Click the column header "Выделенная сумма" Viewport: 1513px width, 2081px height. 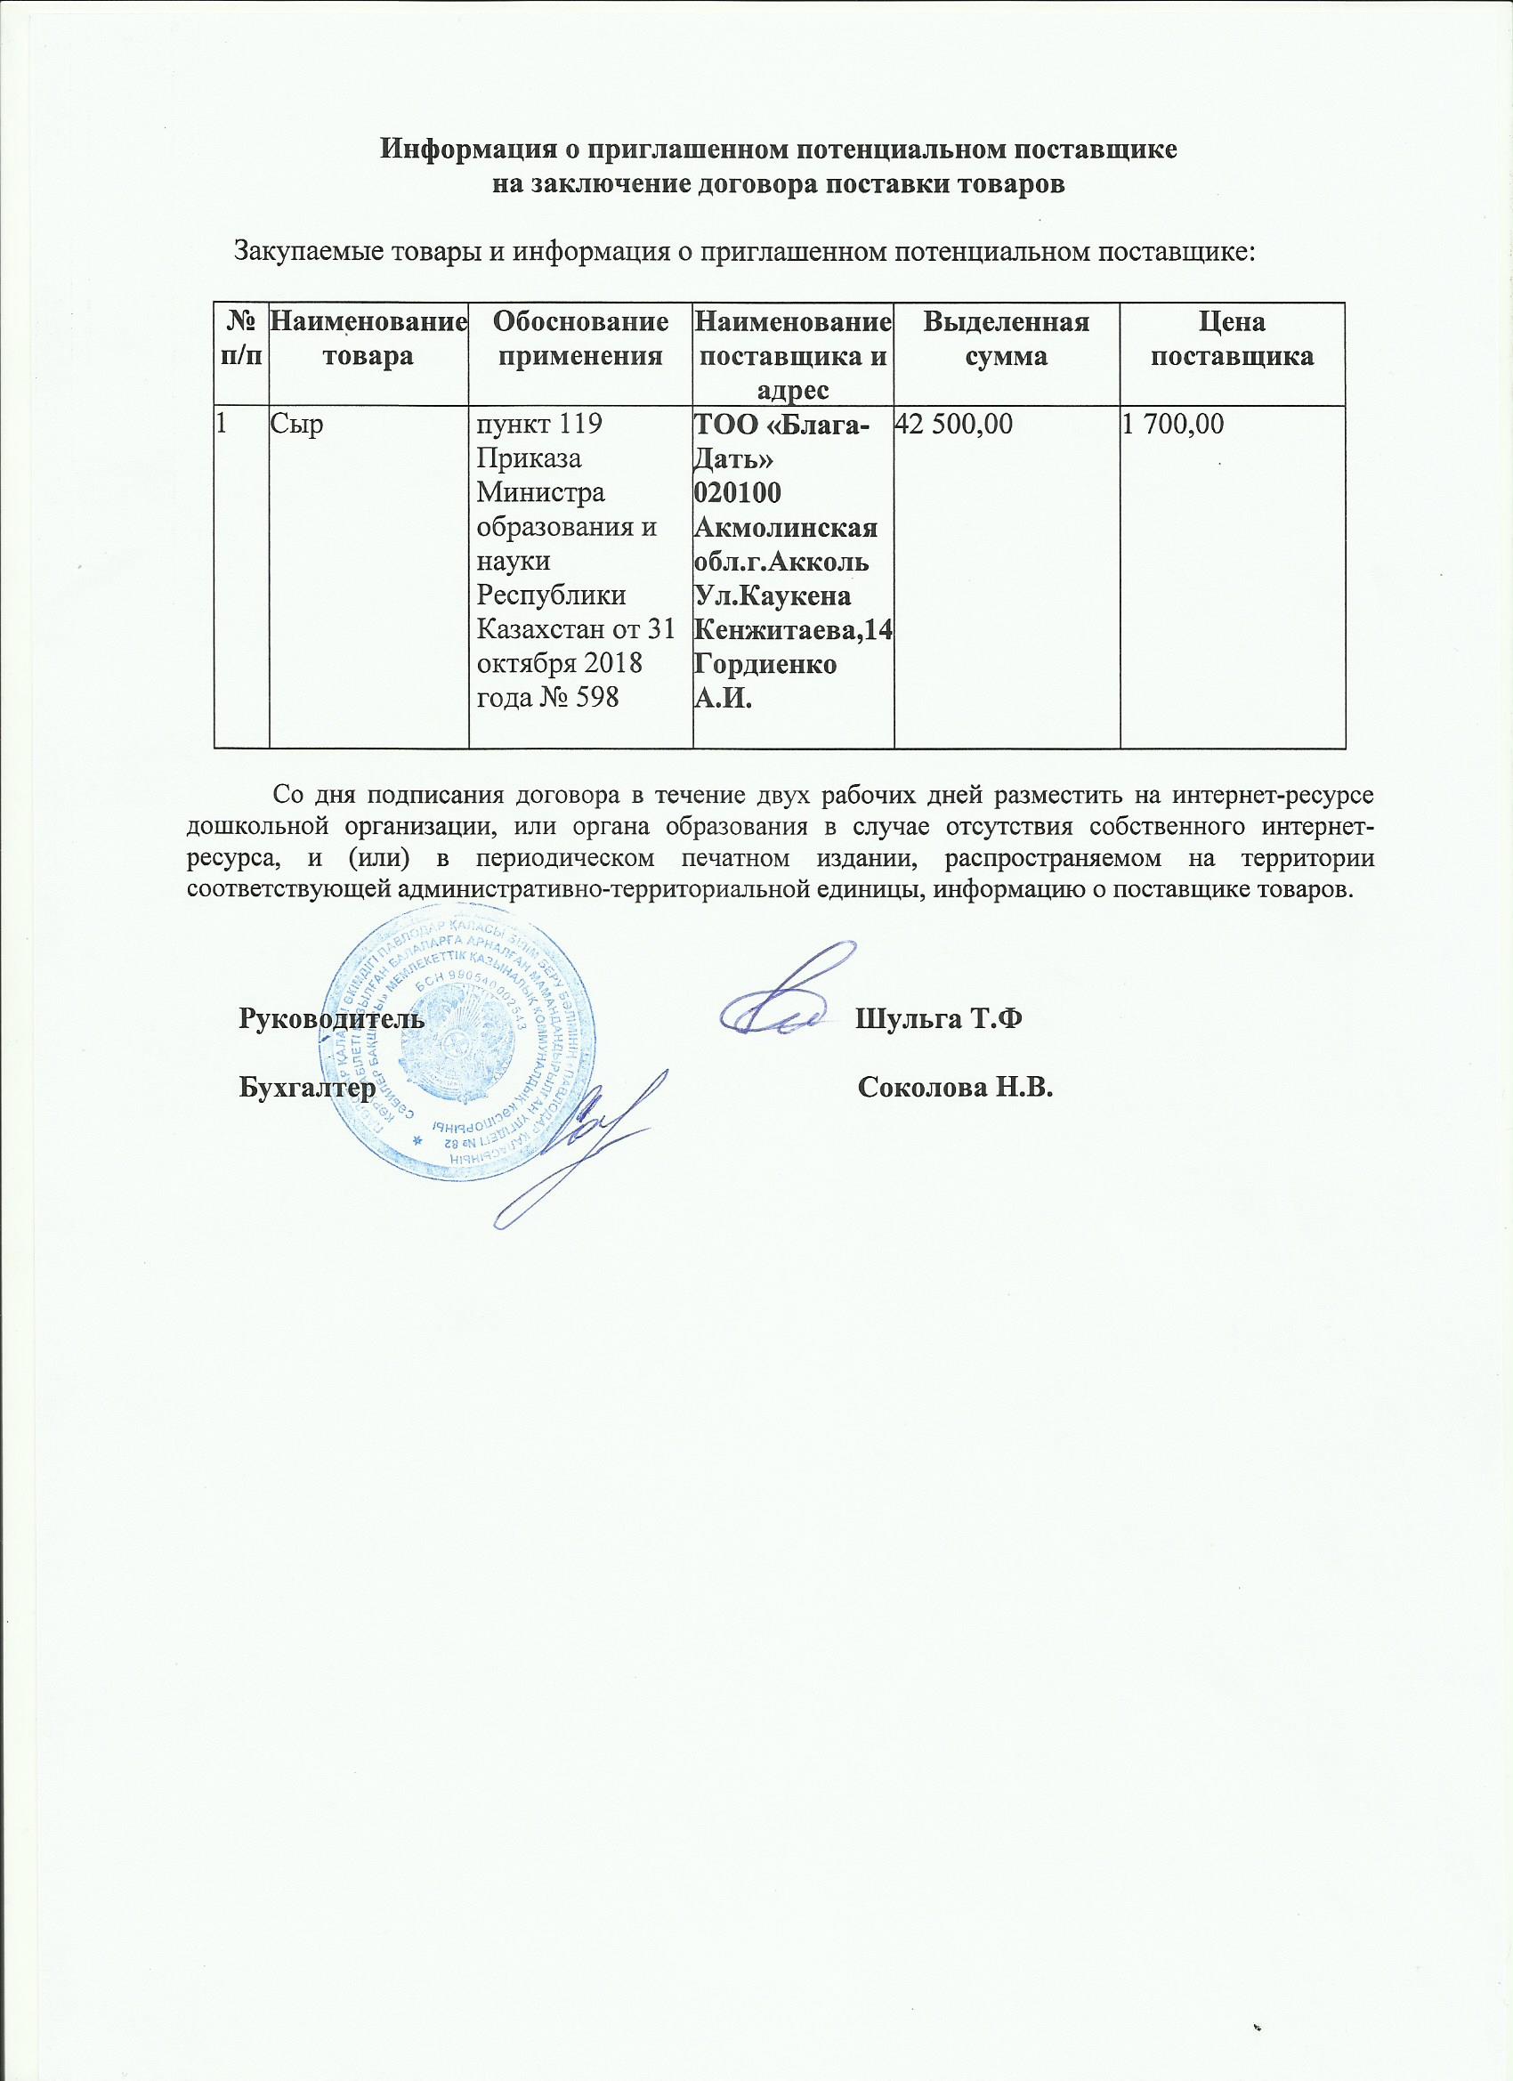(x=1006, y=339)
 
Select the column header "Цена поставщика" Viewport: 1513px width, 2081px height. (x=1232, y=339)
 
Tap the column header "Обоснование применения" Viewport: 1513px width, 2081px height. (x=579, y=339)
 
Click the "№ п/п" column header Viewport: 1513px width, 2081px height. (x=240, y=339)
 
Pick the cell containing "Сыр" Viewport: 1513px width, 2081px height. (x=292, y=425)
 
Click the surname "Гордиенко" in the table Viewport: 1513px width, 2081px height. (x=765, y=664)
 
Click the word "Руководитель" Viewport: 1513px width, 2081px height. (x=331, y=1019)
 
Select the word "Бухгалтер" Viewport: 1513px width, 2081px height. (x=306, y=1089)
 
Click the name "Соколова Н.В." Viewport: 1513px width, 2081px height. (x=955, y=1089)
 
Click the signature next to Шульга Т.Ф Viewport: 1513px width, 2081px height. (x=789, y=1000)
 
